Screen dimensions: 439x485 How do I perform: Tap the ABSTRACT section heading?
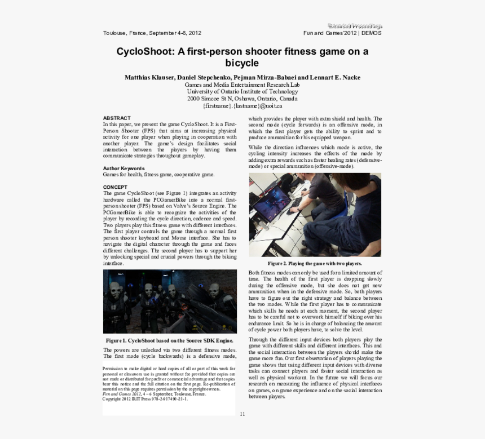117,118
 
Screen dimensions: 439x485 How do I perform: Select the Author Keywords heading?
124,168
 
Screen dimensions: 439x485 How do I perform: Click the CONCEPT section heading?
115,187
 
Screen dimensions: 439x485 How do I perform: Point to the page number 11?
242,414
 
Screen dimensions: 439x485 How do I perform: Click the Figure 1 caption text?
169,341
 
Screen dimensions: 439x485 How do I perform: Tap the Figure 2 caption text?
315,263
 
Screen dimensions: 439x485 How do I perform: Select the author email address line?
242,106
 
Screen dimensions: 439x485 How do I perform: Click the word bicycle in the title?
242,63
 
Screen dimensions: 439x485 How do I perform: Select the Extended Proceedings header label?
355,26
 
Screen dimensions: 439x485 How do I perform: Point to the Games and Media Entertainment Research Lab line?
242,85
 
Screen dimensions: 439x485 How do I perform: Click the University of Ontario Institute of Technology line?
242,91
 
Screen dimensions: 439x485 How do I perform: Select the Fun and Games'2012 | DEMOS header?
342,33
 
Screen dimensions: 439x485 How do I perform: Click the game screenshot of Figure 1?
170,301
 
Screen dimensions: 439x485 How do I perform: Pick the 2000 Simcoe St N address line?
242,99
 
